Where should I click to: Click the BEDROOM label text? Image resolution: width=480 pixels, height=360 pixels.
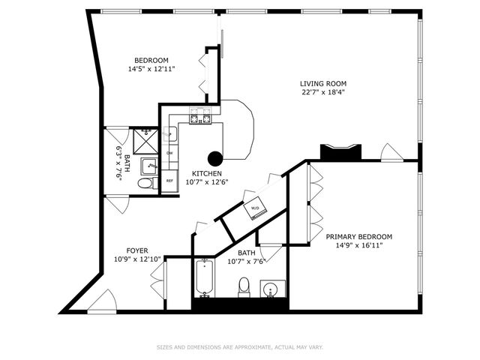click(x=151, y=61)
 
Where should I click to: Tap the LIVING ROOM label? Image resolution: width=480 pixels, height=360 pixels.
click(x=322, y=84)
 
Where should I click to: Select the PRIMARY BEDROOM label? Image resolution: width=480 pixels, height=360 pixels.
click(x=358, y=236)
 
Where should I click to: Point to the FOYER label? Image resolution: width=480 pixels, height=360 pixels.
click(x=136, y=250)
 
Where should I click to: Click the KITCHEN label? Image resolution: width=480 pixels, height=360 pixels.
click(x=206, y=172)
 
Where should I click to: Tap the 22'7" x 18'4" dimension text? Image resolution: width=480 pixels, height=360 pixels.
click(x=322, y=93)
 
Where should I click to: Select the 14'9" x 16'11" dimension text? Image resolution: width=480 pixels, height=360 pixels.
click(x=358, y=245)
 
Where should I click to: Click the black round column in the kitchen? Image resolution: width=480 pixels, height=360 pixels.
click(x=215, y=157)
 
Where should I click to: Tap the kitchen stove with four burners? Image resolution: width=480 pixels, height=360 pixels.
click(x=200, y=116)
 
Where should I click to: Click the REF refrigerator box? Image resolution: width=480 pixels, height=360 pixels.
click(x=169, y=181)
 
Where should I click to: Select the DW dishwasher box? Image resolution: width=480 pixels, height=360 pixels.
click(x=169, y=153)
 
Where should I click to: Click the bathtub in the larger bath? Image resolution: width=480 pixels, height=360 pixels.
click(x=204, y=279)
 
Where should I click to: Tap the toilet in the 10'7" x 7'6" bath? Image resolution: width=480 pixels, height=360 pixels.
click(x=243, y=286)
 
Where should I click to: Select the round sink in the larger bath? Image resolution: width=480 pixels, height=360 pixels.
click(x=271, y=289)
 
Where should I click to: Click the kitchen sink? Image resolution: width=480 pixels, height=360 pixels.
click(x=171, y=133)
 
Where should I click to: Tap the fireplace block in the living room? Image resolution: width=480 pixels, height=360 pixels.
click(x=340, y=152)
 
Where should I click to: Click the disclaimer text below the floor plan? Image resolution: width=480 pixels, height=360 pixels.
click(x=239, y=347)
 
